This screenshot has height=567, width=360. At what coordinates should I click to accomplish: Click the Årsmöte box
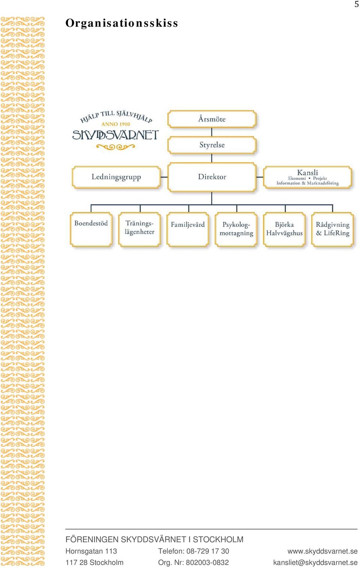(212, 119)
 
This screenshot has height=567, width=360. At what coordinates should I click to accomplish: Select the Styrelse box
(212, 145)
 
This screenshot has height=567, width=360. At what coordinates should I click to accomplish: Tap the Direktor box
(212, 177)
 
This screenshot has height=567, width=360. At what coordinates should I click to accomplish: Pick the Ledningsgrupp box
(116, 177)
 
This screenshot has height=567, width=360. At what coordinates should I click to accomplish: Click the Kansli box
(307, 177)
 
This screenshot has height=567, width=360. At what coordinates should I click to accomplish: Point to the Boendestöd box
(91, 229)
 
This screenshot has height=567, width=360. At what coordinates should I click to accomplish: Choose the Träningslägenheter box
(139, 229)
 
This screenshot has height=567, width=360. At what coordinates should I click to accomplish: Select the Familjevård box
(188, 229)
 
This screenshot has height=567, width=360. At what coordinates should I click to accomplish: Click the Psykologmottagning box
(236, 229)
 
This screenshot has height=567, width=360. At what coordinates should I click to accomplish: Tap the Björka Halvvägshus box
(284, 229)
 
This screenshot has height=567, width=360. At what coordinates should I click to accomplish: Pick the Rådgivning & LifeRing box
(333, 229)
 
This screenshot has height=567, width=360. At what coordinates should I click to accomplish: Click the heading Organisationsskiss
(121, 23)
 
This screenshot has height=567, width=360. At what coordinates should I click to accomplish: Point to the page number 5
(357, 4)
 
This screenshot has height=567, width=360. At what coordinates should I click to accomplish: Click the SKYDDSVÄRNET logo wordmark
(115, 135)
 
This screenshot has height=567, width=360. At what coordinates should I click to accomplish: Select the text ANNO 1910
(115, 124)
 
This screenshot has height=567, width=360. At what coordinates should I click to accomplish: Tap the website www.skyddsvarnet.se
(322, 551)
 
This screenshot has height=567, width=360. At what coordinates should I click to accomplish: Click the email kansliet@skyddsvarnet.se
(315, 562)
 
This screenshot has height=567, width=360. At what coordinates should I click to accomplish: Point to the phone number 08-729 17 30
(208, 551)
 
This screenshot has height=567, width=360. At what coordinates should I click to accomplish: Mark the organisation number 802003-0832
(207, 562)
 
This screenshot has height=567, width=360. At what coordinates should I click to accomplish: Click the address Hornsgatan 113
(91, 551)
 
